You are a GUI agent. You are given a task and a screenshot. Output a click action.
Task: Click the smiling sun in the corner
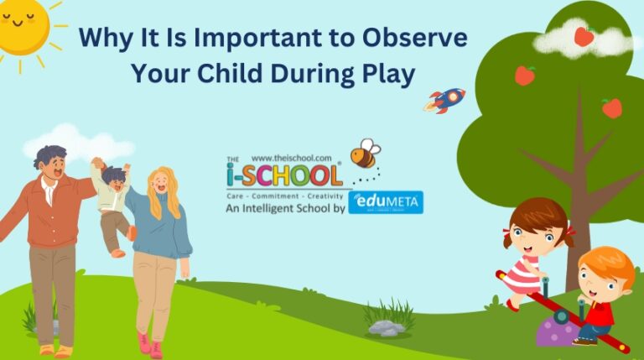21,25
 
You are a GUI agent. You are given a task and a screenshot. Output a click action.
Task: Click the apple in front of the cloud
584,36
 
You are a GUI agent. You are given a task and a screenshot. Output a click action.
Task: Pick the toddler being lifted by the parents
114,201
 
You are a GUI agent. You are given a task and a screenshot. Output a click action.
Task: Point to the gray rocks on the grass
387,327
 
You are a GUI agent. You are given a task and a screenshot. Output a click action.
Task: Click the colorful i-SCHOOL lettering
285,175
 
